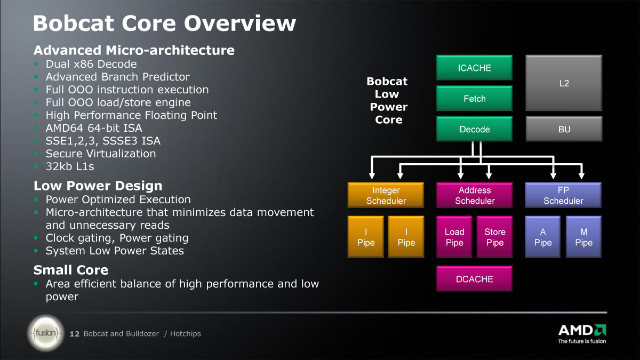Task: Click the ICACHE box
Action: [x=474, y=67]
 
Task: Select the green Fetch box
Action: [x=474, y=98]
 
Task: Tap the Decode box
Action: [x=474, y=129]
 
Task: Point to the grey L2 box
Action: [x=564, y=83]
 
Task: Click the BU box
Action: [x=564, y=129]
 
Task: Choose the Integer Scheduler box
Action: [x=386, y=195]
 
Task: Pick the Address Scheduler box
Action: [x=474, y=195]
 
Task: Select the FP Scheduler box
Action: [x=563, y=195]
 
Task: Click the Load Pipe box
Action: [x=454, y=237]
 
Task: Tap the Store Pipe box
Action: [x=494, y=237]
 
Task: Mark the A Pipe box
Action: [x=543, y=237]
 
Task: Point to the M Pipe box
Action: [x=583, y=237]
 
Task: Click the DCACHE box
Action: [x=474, y=278]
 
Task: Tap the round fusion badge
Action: [x=46, y=333]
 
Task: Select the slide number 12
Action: [x=75, y=334]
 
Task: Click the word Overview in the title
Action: [x=239, y=23]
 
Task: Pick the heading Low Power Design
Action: [x=98, y=186]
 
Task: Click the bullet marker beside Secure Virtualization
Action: [x=36, y=154]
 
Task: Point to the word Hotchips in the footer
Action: [x=186, y=334]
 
